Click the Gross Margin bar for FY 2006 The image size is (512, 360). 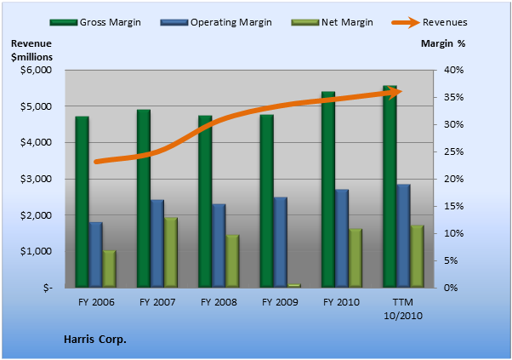[82, 202]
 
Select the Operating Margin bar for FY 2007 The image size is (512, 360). [157, 243]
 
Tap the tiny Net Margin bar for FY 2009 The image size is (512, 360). [294, 285]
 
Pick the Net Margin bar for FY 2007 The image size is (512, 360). [171, 253]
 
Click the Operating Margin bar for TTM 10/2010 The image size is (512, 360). [403, 236]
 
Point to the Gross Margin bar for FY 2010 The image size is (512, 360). [328, 190]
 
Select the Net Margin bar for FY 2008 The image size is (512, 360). [232, 261]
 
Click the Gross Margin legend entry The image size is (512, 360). [95, 22]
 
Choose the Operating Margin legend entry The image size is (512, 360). [216, 22]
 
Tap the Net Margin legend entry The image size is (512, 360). [333, 22]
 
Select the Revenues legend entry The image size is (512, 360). [430, 22]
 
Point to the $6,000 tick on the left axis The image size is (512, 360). [36, 71]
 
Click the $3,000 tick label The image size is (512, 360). [36, 179]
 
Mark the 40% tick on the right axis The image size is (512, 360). [453, 70]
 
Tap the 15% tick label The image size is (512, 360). [453, 206]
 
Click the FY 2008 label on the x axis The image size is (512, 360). [219, 302]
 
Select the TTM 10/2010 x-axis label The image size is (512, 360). [403, 309]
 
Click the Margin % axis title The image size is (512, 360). [443, 43]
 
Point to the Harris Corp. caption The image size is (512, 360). [95, 340]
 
